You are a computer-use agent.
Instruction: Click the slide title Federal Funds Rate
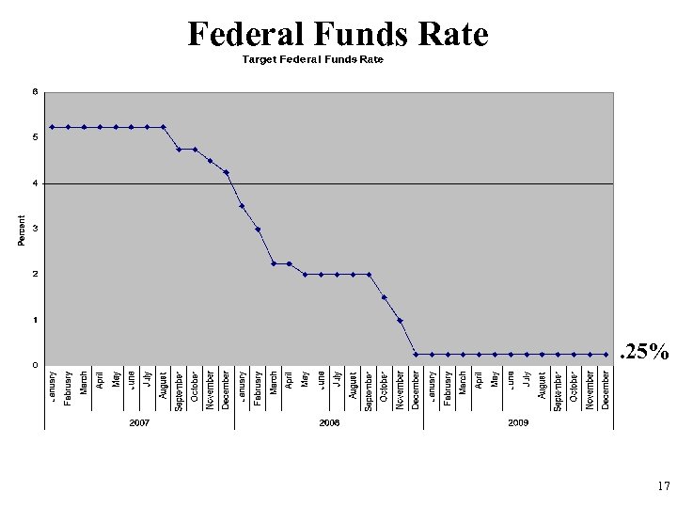(x=338, y=34)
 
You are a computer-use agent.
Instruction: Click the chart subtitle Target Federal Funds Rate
(x=313, y=59)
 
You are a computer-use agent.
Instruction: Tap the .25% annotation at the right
(x=643, y=353)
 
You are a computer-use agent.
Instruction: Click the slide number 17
(x=663, y=487)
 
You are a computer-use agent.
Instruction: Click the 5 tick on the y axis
(x=35, y=137)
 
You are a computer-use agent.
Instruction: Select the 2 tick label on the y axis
(x=35, y=274)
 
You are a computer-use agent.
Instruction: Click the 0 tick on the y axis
(x=35, y=365)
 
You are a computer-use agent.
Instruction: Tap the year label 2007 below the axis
(x=139, y=423)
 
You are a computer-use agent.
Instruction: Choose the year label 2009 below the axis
(x=518, y=423)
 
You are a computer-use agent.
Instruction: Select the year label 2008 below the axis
(x=329, y=423)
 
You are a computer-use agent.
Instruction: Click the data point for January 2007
(x=53, y=127)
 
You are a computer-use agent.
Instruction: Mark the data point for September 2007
(x=179, y=150)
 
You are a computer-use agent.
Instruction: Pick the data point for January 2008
(x=242, y=206)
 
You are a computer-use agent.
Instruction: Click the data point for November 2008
(x=400, y=321)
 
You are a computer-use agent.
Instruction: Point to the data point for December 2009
(x=606, y=355)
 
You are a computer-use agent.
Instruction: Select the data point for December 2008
(x=416, y=355)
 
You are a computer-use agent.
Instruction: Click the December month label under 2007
(x=226, y=389)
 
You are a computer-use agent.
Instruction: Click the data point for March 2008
(x=274, y=263)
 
